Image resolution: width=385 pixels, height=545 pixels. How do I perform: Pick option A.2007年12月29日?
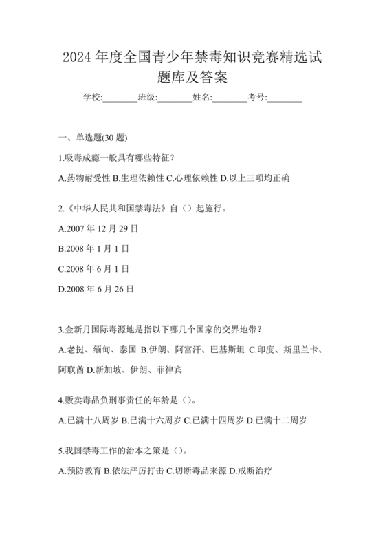click(x=99, y=227)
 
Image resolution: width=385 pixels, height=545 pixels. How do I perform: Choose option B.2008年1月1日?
click(x=94, y=247)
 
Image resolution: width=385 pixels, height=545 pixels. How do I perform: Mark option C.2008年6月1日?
click(x=94, y=268)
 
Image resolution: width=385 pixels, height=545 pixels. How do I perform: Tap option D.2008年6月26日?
click(x=97, y=288)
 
